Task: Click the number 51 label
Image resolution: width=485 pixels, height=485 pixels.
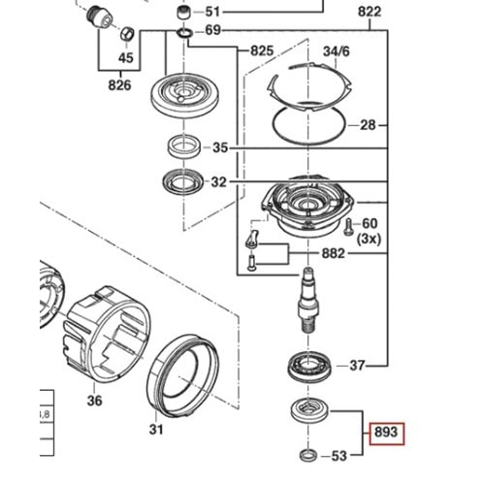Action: [x=239, y=13]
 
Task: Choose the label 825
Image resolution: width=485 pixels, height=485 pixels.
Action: [x=262, y=49]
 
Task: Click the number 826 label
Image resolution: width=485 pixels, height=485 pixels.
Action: [x=119, y=86]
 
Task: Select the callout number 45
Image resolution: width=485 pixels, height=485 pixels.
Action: [x=125, y=57]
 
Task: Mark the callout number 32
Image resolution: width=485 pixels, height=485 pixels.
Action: [x=219, y=181]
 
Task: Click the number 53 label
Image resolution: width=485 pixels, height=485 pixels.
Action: [x=339, y=455]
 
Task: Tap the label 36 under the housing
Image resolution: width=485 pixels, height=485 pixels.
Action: [x=94, y=400]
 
